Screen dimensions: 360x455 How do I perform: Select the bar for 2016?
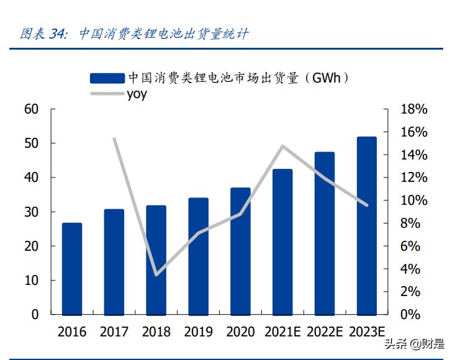(72, 268)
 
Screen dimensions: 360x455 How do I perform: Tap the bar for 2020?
(240, 251)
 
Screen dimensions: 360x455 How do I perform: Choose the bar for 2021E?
(282, 241)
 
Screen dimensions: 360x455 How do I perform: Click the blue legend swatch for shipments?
(107, 78)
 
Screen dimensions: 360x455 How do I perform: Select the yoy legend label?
(137, 95)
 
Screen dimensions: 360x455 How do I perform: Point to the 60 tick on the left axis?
(32, 109)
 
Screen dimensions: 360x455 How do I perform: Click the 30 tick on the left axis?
(32, 212)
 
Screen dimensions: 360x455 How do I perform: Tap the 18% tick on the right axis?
(414, 109)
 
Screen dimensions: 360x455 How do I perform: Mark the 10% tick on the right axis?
(414, 200)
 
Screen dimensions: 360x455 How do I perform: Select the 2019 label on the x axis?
(198, 331)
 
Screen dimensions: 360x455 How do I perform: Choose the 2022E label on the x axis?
(324, 331)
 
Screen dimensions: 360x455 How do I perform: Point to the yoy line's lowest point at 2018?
(156, 274)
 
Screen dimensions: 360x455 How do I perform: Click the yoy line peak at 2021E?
(282, 146)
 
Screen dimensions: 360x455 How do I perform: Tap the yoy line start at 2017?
(114, 139)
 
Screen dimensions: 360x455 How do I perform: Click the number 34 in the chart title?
(57, 34)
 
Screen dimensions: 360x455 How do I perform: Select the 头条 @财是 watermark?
(414, 344)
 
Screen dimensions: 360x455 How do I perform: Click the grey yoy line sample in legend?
(107, 94)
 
